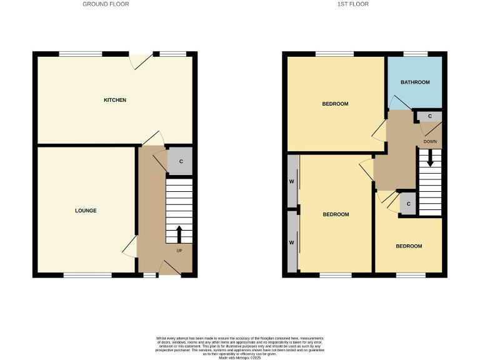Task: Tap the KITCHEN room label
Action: click(x=115, y=100)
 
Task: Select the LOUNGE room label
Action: click(x=86, y=211)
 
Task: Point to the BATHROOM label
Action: click(x=415, y=82)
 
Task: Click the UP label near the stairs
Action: click(x=179, y=251)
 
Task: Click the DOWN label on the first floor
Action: click(x=430, y=142)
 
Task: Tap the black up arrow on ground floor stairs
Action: click(x=179, y=234)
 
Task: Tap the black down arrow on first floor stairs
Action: click(x=430, y=159)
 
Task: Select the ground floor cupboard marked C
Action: click(x=181, y=162)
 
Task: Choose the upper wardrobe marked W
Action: click(x=292, y=181)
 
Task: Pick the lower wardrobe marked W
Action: click(x=292, y=242)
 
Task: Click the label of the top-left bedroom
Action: click(x=335, y=104)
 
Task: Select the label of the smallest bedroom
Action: click(x=409, y=246)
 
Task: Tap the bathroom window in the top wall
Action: click(x=415, y=54)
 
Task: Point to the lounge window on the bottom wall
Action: click(x=83, y=274)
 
